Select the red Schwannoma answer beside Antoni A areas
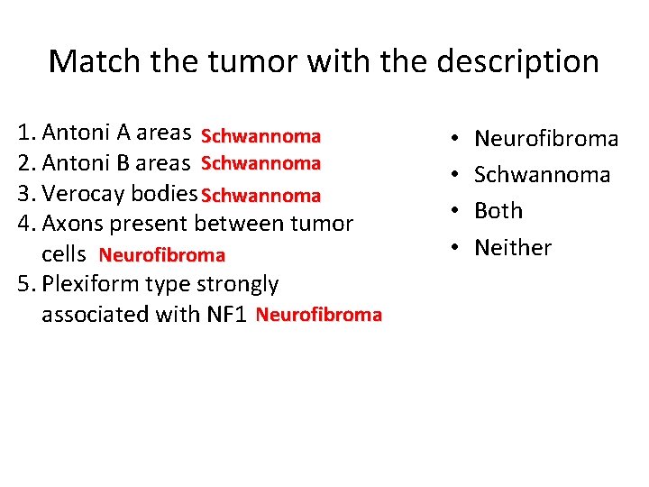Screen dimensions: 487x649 [261, 136]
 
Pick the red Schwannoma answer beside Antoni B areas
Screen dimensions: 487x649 [261, 163]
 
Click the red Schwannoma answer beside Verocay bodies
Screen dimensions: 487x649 [261, 196]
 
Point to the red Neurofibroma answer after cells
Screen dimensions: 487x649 [161, 255]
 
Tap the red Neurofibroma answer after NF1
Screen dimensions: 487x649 [318, 315]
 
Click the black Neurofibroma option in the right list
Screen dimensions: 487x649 [546, 139]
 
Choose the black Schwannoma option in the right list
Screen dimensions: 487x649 [542, 175]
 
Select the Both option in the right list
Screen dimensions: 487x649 [498, 211]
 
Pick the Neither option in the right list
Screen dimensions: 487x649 [513, 247]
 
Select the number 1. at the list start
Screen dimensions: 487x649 [26, 134]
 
